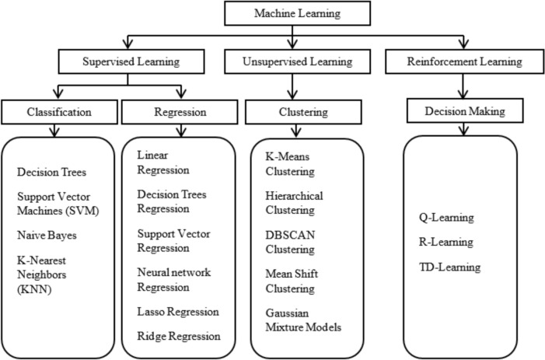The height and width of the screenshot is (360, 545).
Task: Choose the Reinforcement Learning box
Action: [x=464, y=61]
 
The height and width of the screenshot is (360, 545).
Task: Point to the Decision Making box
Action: [x=463, y=112]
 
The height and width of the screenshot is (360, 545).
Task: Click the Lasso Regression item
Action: [x=176, y=311]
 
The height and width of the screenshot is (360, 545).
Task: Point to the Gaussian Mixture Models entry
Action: [x=299, y=318]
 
